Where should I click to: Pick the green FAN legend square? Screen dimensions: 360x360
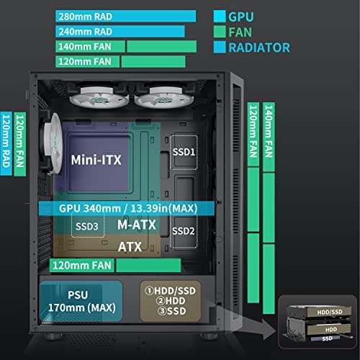tap(220, 32)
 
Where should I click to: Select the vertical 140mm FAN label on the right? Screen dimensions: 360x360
tap(269, 133)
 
